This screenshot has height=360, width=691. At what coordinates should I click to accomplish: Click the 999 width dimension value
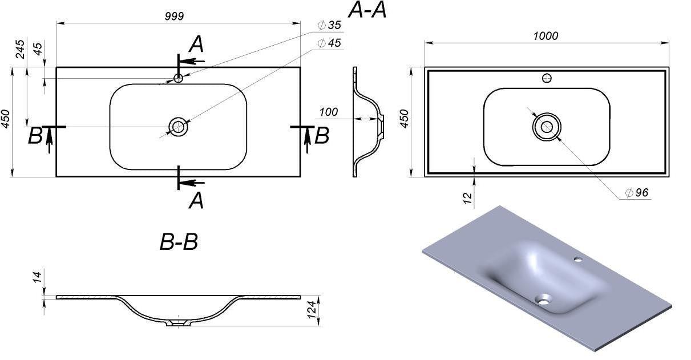[174, 17]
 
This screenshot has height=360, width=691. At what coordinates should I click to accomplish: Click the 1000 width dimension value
[545, 36]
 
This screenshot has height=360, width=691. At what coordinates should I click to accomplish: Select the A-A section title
[367, 10]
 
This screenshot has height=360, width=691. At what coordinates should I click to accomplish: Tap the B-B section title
[179, 242]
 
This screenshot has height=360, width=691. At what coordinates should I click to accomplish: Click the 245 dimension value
[21, 49]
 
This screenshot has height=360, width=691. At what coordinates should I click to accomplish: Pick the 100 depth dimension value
[328, 112]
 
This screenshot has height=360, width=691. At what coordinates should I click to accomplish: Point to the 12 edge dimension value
[467, 198]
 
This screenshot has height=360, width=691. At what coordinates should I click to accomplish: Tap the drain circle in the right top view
[547, 127]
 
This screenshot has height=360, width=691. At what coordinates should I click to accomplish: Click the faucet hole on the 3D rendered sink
[578, 260]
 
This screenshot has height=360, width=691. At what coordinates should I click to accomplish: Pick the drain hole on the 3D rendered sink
[544, 298]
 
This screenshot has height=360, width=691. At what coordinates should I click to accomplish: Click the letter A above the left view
[196, 44]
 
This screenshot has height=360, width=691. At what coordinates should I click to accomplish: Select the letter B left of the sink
[35, 136]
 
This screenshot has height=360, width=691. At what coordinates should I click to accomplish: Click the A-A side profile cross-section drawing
[368, 121]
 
